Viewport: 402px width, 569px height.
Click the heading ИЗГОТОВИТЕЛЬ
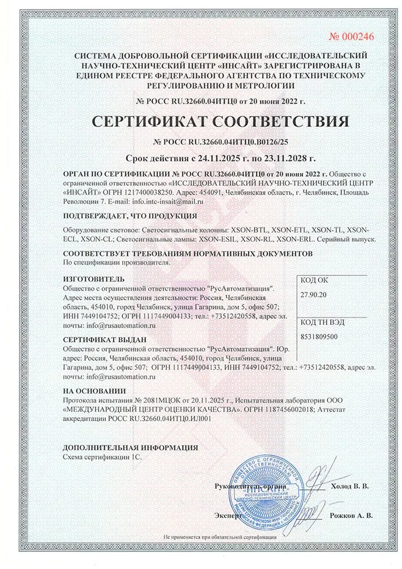92,280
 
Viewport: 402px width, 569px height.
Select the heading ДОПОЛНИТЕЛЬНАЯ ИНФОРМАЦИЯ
130,447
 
